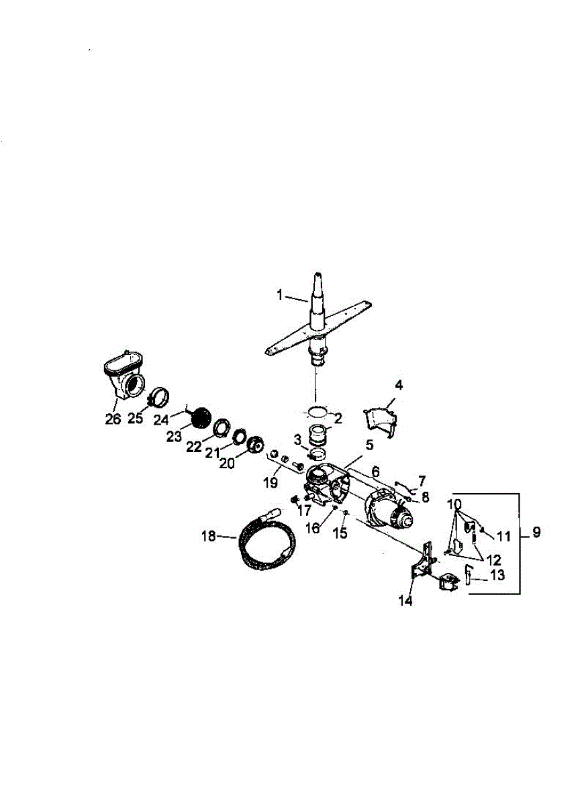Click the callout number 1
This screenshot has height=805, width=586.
(280, 294)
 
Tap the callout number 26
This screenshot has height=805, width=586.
(113, 419)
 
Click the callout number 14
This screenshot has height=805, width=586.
(405, 600)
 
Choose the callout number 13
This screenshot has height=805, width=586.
(497, 575)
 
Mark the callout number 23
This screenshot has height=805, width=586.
(174, 437)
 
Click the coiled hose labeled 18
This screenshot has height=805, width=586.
(265, 540)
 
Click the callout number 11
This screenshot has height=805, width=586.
(503, 536)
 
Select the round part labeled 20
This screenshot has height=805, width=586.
(256, 445)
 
